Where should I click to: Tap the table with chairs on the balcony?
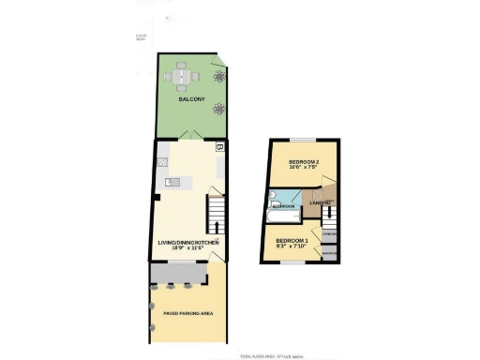point(182,74)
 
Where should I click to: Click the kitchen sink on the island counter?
point(172,182)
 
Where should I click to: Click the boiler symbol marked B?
point(219,147)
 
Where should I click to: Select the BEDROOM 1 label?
point(292,241)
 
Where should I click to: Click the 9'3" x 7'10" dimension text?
point(292,247)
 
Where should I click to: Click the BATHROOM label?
point(284,206)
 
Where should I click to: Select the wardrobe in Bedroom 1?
point(329,253)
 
